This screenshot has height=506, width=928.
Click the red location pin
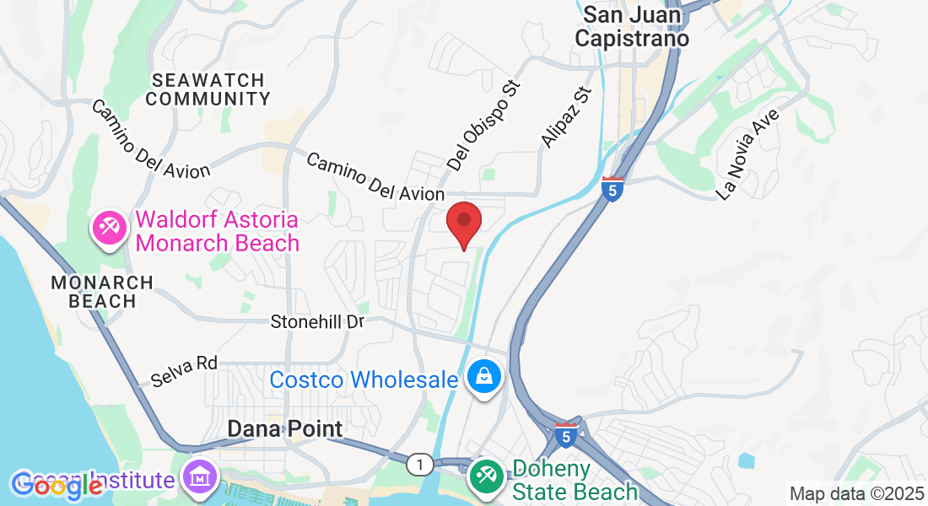tap(463, 222)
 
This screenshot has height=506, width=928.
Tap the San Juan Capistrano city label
tap(636, 26)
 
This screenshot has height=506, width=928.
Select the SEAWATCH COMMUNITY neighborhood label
tap(208, 89)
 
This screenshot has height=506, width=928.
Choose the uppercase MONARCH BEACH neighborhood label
tap(101, 292)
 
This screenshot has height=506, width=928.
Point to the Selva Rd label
tap(184, 371)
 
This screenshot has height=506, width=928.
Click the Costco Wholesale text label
tap(364, 379)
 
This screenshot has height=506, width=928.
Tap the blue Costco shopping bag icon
tap(485, 378)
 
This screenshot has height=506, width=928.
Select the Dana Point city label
tap(285, 428)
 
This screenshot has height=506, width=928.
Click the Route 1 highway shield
tap(418, 464)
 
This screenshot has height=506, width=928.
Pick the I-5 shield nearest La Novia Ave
tap(613, 189)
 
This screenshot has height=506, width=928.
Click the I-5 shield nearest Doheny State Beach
tap(566, 435)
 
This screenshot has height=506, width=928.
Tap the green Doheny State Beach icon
tap(486, 474)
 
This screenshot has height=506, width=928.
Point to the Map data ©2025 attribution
tap(855, 493)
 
